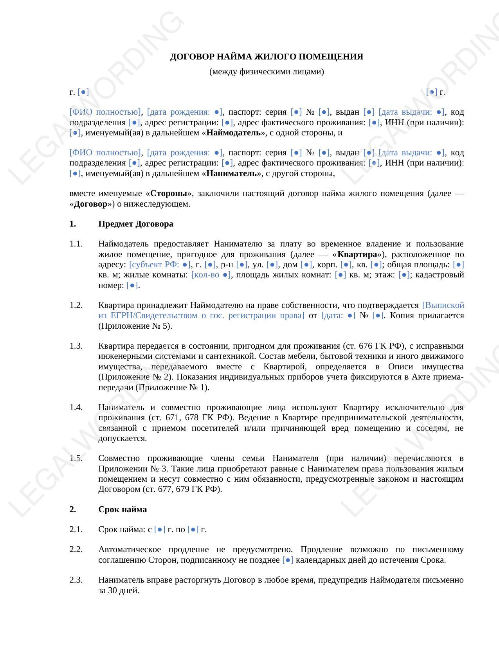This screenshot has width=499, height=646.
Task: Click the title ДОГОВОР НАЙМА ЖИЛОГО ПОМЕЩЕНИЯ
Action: pyautogui.click(x=267, y=57)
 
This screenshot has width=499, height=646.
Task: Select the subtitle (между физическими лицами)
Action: pyautogui.click(x=267, y=72)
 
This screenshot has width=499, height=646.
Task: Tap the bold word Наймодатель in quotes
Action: pyautogui.click(x=233, y=133)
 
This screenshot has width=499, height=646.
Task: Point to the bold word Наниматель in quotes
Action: pyautogui.click(x=231, y=173)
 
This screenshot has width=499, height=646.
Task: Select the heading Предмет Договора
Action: pyautogui.click(x=135, y=224)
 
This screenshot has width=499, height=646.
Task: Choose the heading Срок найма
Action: pyautogui.click(x=122, y=509)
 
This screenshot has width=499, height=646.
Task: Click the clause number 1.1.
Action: pyautogui.click(x=76, y=244)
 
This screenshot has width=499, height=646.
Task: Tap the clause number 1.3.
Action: pyautogui.click(x=76, y=346)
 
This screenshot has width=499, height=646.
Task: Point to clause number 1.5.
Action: pyautogui.click(x=76, y=458)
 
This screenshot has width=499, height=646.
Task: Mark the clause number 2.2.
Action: pyautogui.click(x=76, y=550)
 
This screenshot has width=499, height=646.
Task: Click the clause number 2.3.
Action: pyautogui.click(x=76, y=580)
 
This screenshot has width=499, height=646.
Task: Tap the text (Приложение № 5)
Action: pyautogui.click(x=135, y=326)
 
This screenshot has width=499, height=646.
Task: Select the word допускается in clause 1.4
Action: pyautogui.click(x=122, y=438)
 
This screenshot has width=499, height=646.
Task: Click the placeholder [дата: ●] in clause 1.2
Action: pyautogui.click(x=338, y=315)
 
